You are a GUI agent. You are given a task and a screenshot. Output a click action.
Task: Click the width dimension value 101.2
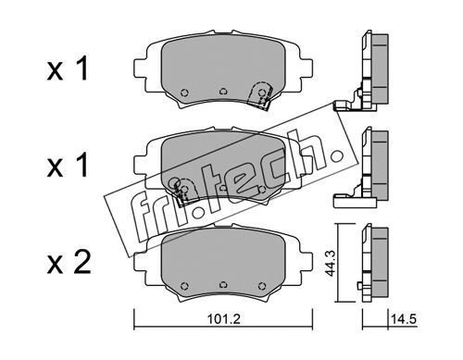(x=223, y=319)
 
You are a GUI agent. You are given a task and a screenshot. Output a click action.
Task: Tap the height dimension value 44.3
(x=331, y=263)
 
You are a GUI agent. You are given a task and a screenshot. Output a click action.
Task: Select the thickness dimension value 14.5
(x=404, y=319)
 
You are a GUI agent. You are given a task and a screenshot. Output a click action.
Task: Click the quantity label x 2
(x=69, y=263)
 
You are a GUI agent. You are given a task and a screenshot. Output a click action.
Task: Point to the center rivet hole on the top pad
(x=223, y=92)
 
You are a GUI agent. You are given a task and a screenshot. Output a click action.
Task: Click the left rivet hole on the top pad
(x=184, y=93)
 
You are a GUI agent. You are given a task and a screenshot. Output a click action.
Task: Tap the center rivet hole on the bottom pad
(x=223, y=284)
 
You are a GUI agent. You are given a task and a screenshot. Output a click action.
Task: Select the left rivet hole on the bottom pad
(x=184, y=285)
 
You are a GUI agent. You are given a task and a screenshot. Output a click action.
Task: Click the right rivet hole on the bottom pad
(x=262, y=285)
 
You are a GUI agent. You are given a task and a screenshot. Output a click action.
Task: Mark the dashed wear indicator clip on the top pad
(x=261, y=94)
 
